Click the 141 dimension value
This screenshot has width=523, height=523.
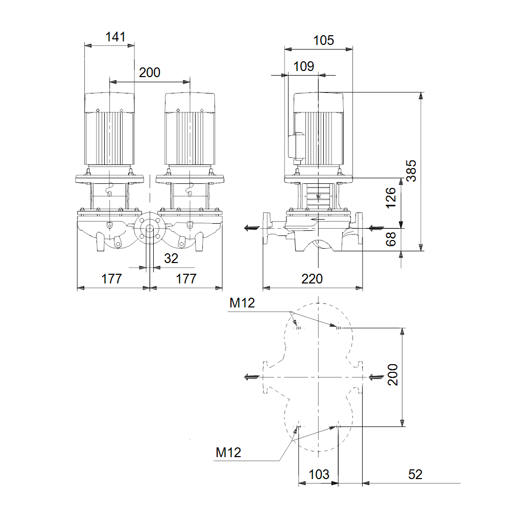point(115,37)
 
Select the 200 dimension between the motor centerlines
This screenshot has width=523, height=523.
point(150,73)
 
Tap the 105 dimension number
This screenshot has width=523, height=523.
point(323,40)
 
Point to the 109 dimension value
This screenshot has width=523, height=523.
point(304,66)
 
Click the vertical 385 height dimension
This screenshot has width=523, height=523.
point(412,171)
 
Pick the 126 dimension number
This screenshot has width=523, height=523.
point(391,198)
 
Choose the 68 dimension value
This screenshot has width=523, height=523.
point(391,239)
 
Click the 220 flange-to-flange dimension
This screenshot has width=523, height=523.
point(312,279)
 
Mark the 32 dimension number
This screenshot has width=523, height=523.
point(171,259)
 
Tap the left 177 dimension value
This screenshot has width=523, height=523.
point(111,279)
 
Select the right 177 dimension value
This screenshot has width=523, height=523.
point(186,279)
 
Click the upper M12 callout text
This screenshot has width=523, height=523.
point(242,303)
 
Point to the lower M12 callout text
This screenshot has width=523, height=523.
point(228,453)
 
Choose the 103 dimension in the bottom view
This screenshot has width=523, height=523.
point(319,474)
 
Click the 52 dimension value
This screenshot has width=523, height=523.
point(415,474)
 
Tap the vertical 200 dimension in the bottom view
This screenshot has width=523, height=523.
point(392,375)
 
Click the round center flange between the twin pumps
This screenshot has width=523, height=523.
point(149,229)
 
